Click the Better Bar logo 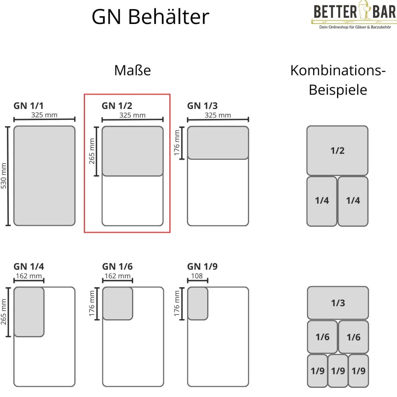point(355,12)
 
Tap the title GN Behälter point(150,16)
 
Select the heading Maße point(132,70)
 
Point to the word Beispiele point(338,90)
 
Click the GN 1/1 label point(28,106)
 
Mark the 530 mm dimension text point(4,176)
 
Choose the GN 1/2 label point(117,106)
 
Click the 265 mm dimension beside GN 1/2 point(92,151)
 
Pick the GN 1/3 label point(202,106)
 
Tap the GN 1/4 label point(29,267)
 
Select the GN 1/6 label point(117,267)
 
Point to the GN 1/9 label point(202,267)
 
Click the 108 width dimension point(197,276)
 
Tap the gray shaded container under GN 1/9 point(198,304)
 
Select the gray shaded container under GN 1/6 point(118,304)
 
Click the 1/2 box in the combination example point(337,151)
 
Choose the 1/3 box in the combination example point(338,303)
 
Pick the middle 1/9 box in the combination point(338,371)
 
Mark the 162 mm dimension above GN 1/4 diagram point(29,276)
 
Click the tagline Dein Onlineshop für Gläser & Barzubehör point(355,27)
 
